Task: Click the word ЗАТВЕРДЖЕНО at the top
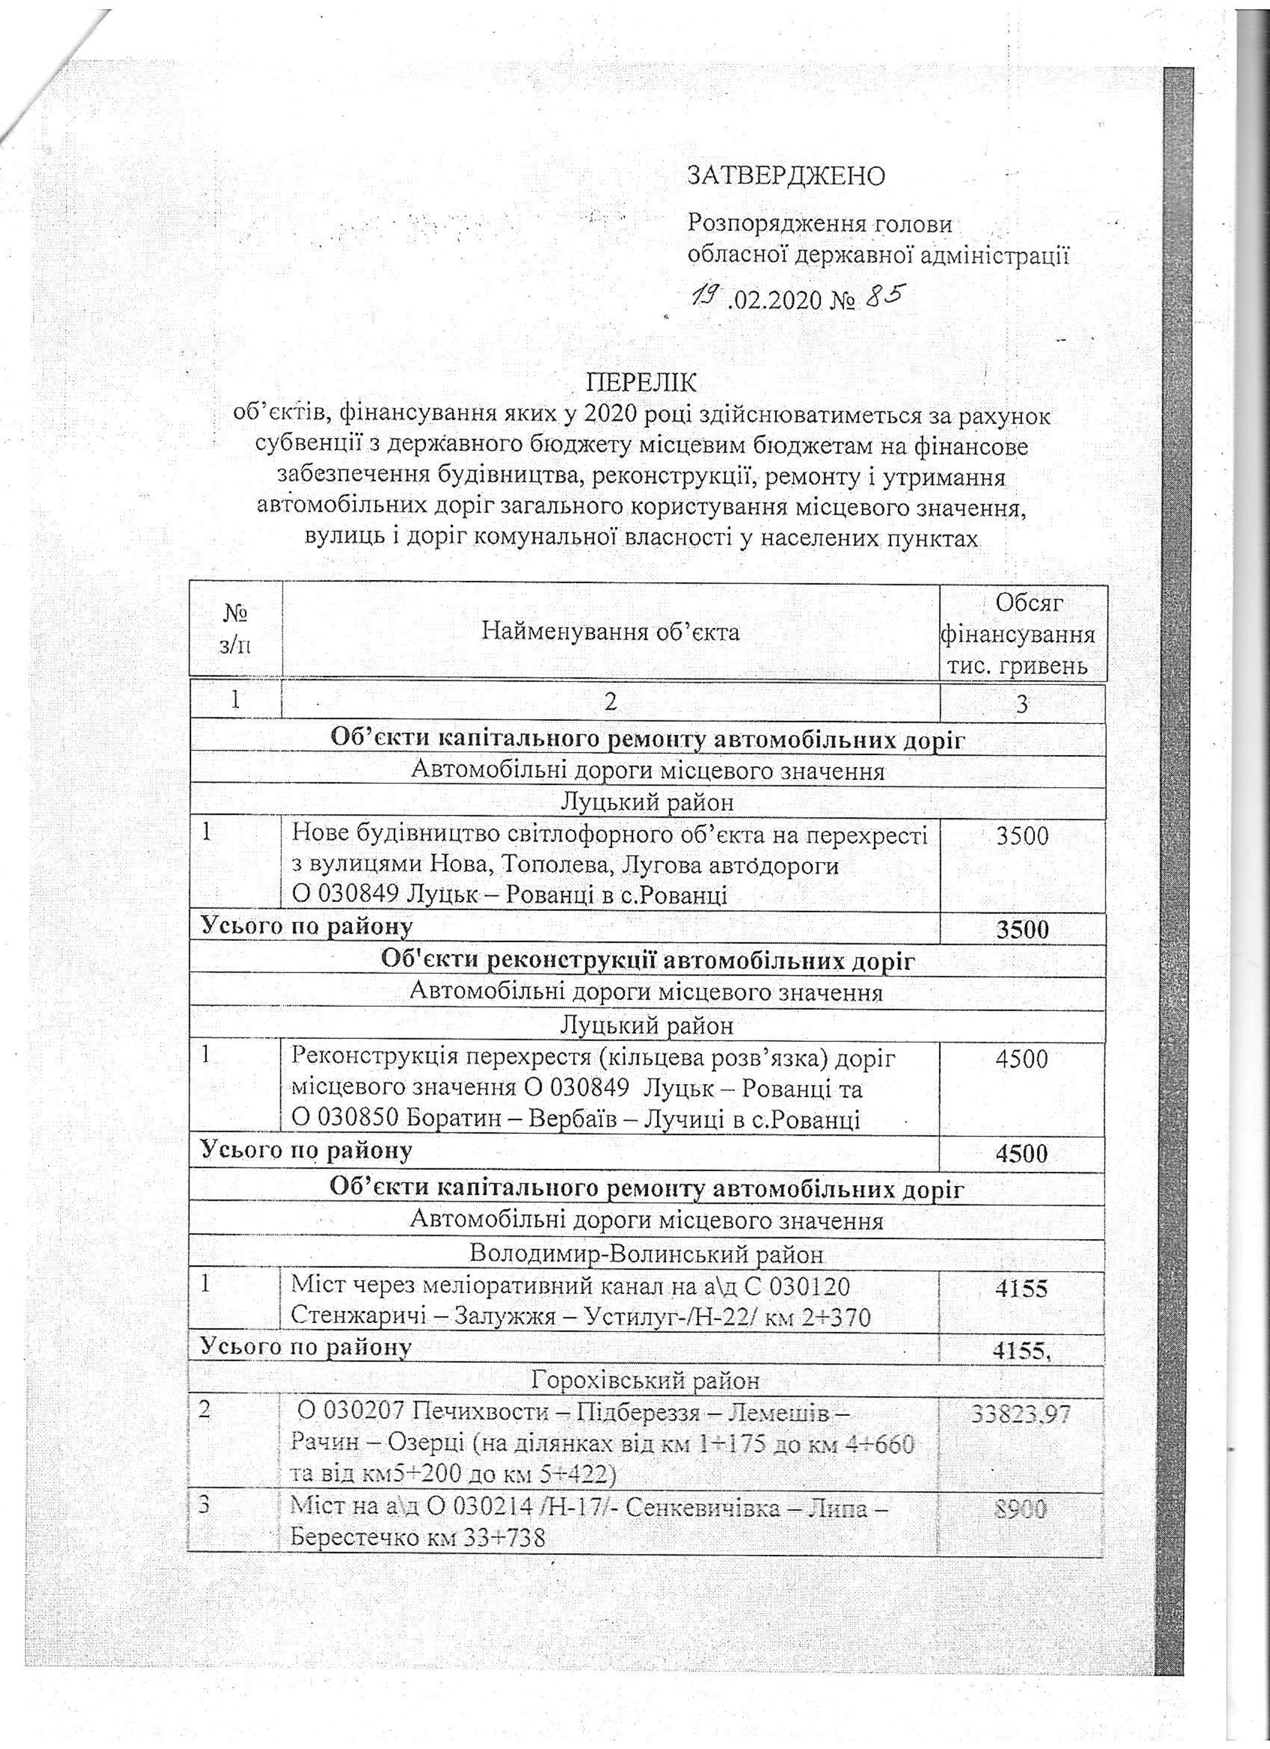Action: (786, 176)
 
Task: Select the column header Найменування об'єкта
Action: (611, 632)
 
